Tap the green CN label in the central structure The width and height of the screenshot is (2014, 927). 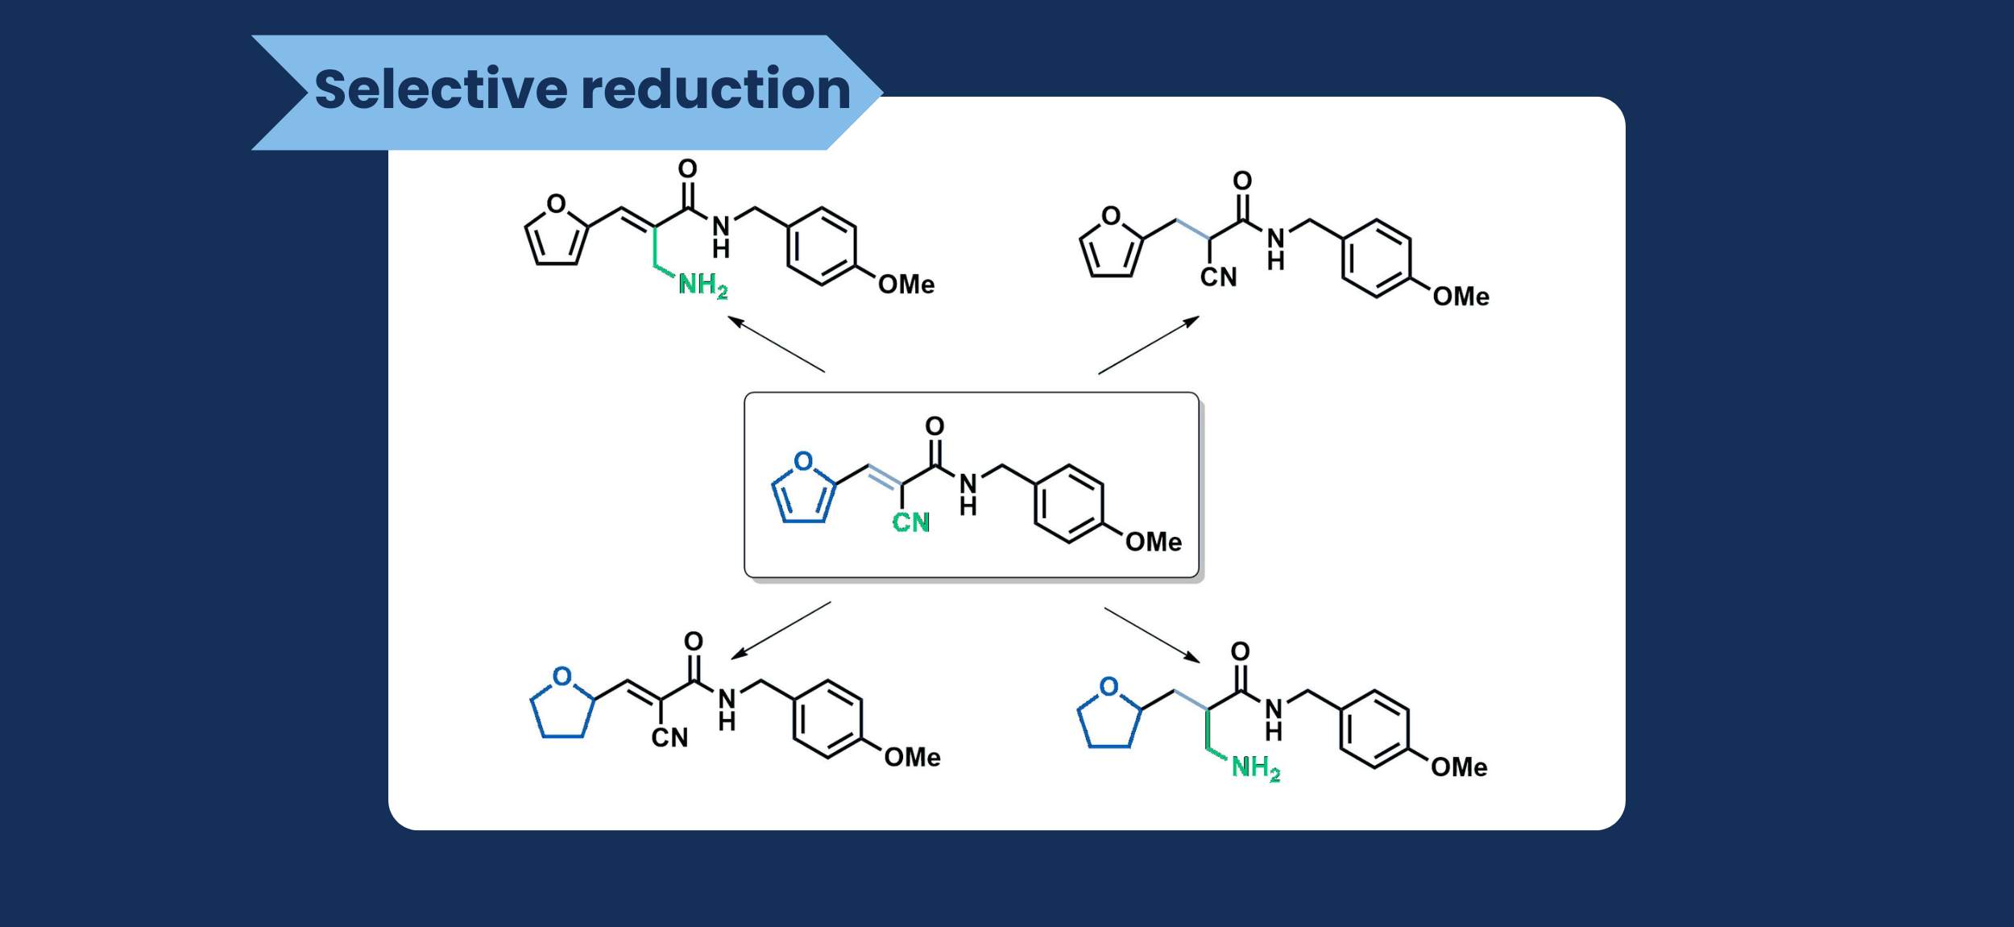(x=911, y=522)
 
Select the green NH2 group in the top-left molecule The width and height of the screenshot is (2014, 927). (x=702, y=285)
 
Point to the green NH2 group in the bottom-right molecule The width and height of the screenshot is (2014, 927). (x=1255, y=767)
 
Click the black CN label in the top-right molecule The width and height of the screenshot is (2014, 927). (x=1218, y=277)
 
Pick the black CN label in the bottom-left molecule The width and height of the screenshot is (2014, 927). (x=669, y=738)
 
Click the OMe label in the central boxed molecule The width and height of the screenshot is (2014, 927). (x=1153, y=542)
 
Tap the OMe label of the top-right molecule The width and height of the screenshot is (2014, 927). (x=1461, y=297)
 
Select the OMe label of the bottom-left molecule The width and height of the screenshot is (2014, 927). (x=912, y=757)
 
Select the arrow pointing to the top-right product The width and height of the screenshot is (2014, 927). (x=1149, y=345)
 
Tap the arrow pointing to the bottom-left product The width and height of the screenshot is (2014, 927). (x=781, y=630)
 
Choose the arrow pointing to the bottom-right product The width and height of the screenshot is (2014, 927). (x=1152, y=635)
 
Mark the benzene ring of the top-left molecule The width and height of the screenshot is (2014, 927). (x=821, y=247)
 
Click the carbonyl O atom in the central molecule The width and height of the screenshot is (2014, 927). (x=934, y=426)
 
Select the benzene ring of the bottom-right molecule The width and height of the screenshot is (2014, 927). (x=1374, y=730)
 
